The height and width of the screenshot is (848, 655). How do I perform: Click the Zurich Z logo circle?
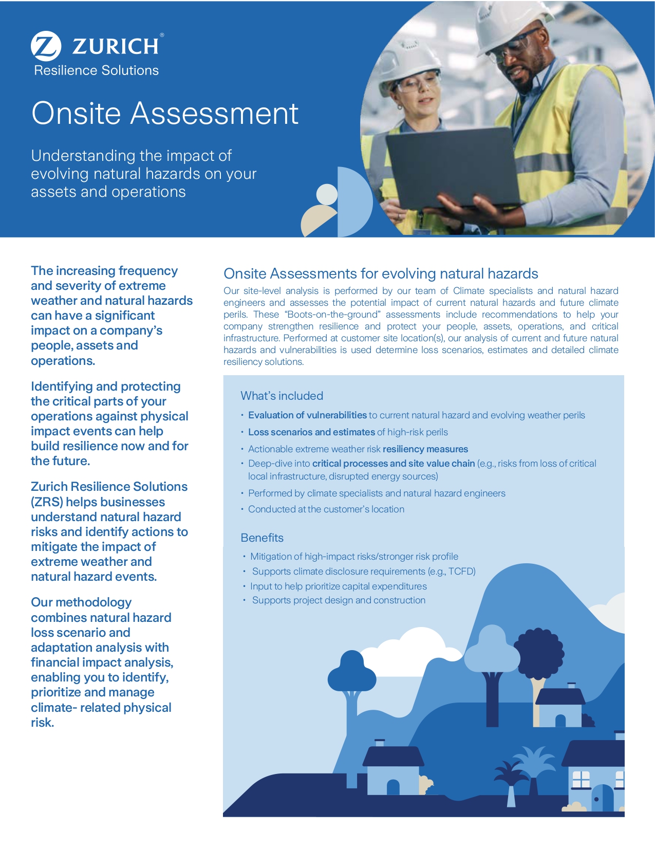pyautogui.click(x=46, y=46)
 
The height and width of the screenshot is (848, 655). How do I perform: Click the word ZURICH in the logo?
pyautogui.click(x=116, y=46)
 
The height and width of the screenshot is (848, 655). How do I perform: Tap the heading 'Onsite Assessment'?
pyautogui.click(x=165, y=113)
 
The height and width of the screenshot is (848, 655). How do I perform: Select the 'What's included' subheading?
pyautogui.click(x=282, y=396)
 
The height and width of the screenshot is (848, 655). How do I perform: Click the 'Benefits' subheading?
pyautogui.click(x=262, y=538)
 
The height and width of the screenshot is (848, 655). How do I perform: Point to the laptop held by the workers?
pyautogui.click(x=452, y=164)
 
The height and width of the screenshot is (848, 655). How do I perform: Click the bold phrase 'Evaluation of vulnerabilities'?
pyautogui.click(x=307, y=415)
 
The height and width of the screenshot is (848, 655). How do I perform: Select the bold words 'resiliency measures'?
pyautogui.click(x=425, y=449)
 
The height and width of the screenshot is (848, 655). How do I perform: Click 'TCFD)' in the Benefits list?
pyautogui.click(x=462, y=572)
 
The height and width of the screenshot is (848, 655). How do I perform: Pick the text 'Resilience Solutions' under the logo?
pyautogui.click(x=97, y=70)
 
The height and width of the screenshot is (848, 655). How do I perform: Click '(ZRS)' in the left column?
pyautogui.click(x=47, y=502)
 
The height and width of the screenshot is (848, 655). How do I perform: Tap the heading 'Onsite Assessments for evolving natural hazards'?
pyautogui.click(x=381, y=273)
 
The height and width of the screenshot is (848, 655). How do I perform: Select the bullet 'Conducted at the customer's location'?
pyautogui.click(x=326, y=509)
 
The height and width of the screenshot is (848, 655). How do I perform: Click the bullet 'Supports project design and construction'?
pyautogui.click(x=339, y=600)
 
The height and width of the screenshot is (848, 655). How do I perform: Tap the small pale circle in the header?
pyautogui.click(x=327, y=194)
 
